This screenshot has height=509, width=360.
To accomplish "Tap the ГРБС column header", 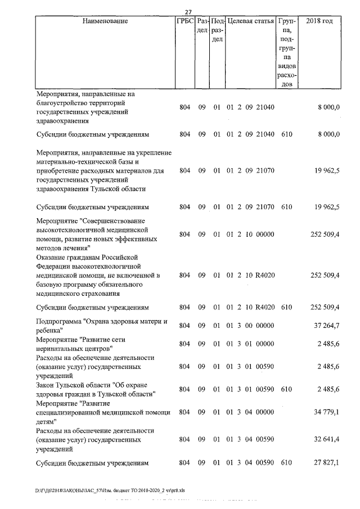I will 185,21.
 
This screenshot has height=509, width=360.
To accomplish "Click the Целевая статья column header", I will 250,21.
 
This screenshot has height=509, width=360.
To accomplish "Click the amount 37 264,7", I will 326,326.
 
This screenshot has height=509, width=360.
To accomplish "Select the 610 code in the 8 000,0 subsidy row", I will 286,134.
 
